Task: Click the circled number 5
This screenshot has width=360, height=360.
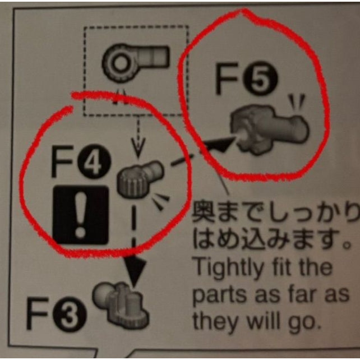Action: pos(260,79)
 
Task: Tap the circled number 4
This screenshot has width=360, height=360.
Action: pos(94,161)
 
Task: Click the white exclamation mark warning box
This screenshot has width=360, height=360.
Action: pos(80,215)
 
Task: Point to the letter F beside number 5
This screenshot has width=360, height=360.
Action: pos(227,79)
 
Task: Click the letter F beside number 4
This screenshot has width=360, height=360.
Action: pos(62,161)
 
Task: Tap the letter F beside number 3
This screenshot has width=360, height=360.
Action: pos(38,314)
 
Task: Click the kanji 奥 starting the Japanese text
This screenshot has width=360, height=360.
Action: pos(203,212)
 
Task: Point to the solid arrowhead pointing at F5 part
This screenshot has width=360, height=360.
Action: pos(218,144)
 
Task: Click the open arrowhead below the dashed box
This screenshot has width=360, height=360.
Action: pos(138,148)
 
